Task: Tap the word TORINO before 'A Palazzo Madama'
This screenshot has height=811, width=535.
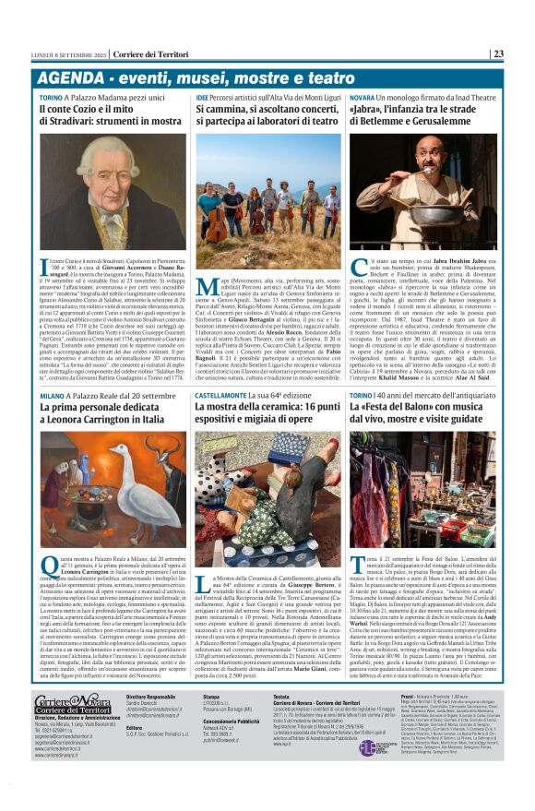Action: click(51, 96)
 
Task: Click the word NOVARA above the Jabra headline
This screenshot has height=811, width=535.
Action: click(362, 96)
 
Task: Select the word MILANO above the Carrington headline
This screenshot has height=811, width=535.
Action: click(52, 395)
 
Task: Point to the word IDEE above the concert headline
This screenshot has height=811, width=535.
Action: click(201, 96)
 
